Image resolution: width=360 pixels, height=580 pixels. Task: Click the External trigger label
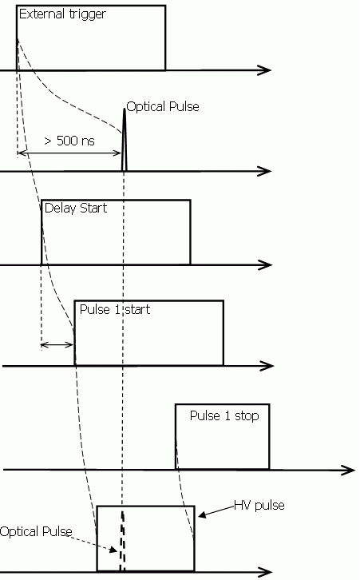(x=62, y=15)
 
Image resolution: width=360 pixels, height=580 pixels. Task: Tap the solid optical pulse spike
(x=125, y=140)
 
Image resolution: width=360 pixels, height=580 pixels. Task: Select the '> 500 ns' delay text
(x=69, y=141)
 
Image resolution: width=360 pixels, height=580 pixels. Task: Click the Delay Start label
(x=75, y=209)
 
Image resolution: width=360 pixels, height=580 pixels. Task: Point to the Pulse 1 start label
(x=115, y=309)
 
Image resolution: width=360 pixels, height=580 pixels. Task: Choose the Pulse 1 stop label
(x=224, y=415)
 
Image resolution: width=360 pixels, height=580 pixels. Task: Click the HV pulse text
(x=259, y=505)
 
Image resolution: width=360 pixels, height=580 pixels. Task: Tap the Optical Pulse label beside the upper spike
(x=163, y=107)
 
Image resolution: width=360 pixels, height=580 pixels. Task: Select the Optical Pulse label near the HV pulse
(x=36, y=531)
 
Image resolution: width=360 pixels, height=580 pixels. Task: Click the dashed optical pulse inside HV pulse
(x=122, y=541)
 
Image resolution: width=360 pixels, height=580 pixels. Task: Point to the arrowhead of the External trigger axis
(x=265, y=70)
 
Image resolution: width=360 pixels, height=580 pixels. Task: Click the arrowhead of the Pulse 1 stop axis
(x=348, y=470)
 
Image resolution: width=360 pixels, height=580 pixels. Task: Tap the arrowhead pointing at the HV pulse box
(x=202, y=514)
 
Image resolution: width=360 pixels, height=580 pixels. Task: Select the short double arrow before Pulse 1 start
(x=57, y=345)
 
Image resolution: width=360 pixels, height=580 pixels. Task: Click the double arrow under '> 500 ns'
(x=69, y=153)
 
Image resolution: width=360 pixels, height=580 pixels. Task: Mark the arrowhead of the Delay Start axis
(x=265, y=265)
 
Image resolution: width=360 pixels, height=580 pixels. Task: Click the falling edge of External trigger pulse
(x=165, y=38)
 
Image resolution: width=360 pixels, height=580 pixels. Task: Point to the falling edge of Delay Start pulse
(x=190, y=232)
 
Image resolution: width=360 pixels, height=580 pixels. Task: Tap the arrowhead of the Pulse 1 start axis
(x=267, y=366)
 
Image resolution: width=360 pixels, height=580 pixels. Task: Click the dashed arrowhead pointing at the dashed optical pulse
(x=113, y=550)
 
